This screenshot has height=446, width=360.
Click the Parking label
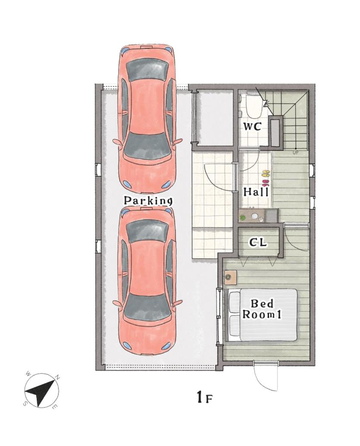tap(148, 200)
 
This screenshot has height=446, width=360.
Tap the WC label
tap(252, 126)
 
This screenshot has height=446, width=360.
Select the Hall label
tap(256, 192)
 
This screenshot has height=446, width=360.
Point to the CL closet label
tap(258, 242)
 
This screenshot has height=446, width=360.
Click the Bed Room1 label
tap(262, 309)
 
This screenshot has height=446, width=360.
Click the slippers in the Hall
tap(265, 177)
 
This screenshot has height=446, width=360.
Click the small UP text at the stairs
tap(295, 153)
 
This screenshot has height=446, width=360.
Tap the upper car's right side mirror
tap(178, 141)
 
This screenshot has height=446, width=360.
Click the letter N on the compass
tap(57, 378)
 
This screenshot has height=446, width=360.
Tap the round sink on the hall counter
tap(254, 216)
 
